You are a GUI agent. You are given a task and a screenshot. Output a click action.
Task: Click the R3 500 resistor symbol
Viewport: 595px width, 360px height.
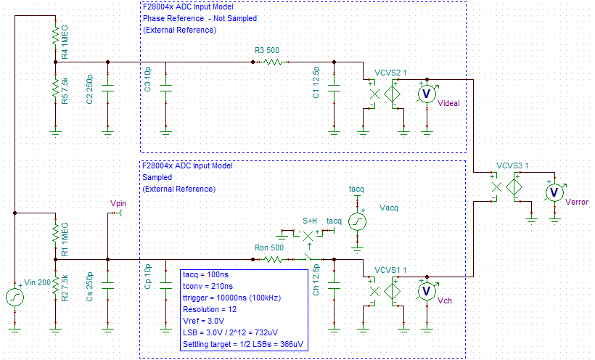click(x=272, y=62)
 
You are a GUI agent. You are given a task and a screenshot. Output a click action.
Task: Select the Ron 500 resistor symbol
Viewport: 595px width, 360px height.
click(x=272, y=258)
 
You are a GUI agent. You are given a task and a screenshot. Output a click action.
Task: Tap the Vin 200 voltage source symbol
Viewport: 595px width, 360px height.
click(x=15, y=298)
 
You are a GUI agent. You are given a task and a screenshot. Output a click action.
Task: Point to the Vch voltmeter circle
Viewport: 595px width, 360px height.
click(x=427, y=290)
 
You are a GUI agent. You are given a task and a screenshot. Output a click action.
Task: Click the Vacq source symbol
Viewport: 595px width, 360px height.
click(x=356, y=221)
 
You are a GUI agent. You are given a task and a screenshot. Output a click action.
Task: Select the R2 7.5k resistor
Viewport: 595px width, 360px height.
click(x=54, y=285)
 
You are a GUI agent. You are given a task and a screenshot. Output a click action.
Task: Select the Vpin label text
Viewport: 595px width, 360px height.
click(x=118, y=204)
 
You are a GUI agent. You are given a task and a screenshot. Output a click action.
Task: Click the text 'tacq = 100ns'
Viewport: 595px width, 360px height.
click(x=206, y=276)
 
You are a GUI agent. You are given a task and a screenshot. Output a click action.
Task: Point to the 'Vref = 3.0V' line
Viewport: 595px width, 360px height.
click(x=202, y=319)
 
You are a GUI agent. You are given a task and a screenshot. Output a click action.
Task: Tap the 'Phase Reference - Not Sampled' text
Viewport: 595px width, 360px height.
click(x=200, y=18)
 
